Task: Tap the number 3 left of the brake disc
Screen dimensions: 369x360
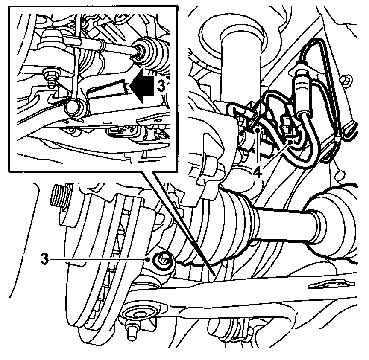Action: click(x=44, y=259)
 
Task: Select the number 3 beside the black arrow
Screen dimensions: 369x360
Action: click(x=160, y=85)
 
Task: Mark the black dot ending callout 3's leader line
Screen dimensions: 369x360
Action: click(x=148, y=259)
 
